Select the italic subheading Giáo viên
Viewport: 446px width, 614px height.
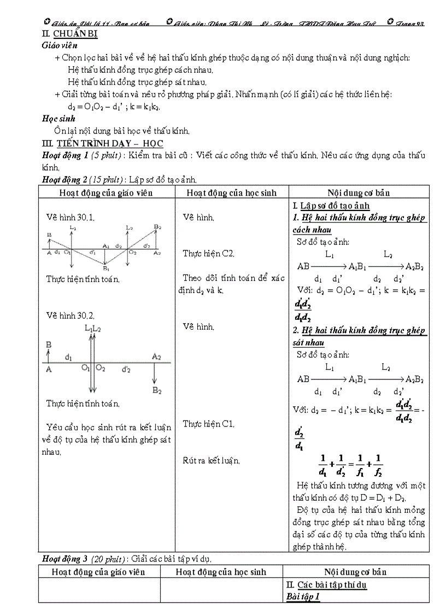tap(60, 45)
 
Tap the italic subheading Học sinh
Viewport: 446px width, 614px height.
tap(58, 118)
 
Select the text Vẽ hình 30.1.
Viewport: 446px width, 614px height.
tap(71, 218)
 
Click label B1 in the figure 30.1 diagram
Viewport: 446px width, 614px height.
tap(107, 268)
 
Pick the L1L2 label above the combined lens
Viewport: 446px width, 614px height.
tap(93, 328)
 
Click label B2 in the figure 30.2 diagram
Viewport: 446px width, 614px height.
tap(157, 390)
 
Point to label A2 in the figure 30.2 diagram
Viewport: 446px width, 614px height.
tap(157, 356)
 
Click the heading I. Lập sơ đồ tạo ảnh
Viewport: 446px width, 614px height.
tap(331, 206)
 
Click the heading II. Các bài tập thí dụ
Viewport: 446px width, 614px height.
tap(326, 585)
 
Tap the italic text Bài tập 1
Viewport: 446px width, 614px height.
tap(303, 597)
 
